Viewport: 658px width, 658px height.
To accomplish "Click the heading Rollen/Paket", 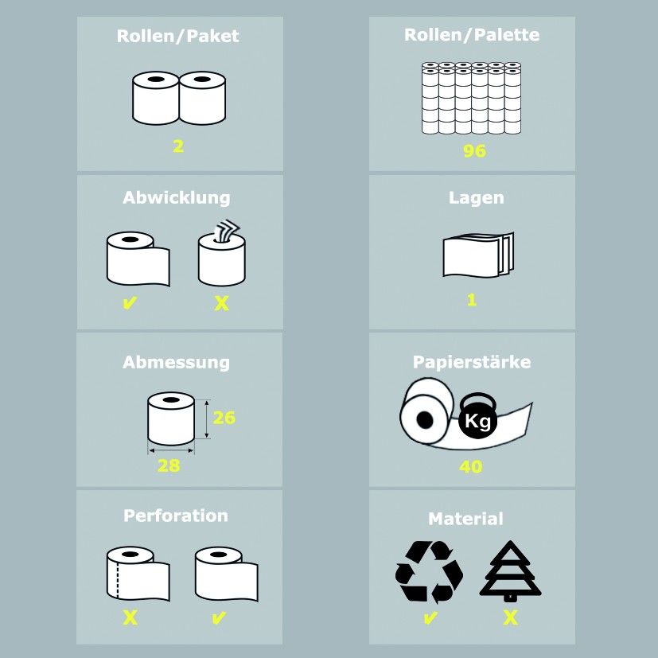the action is coord(177,36).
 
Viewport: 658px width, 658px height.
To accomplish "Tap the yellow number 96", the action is coord(475,150).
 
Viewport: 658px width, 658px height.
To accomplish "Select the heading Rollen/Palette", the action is coord(472,35).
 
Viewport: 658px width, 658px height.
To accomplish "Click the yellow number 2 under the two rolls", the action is coord(178,146).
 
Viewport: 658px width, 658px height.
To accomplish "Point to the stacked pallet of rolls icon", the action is coord(471,98).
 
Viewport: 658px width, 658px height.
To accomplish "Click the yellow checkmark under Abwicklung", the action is coord(130,302).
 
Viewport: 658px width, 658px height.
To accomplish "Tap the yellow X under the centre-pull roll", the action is coord(221,303).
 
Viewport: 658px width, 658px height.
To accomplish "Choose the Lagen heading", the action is coord(477,197).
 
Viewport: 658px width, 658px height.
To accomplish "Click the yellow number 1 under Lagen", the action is coord(472,300).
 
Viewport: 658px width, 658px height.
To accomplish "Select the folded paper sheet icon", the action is coord(478,255).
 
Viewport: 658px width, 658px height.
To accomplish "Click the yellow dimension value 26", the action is coord(224,418).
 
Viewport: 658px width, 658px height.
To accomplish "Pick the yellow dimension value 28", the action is coord(169,465).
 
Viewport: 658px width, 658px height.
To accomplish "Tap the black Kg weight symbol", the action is coord(477,415).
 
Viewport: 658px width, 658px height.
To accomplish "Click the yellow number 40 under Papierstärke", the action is coord(471,466).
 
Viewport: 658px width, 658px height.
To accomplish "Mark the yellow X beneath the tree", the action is coord(510,617).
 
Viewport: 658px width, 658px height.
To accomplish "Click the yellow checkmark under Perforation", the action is coord(218,617).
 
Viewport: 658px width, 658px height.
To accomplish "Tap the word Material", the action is coord(465,519).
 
